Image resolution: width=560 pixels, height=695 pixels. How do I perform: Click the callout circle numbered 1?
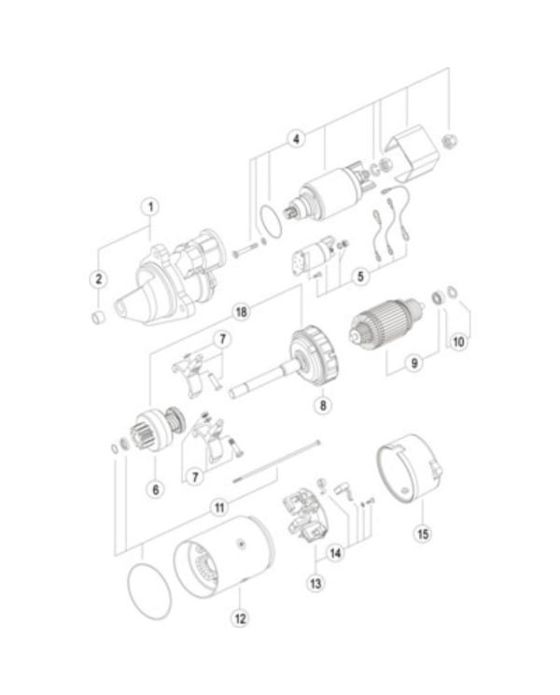pyautogui.click(x=150, y=206)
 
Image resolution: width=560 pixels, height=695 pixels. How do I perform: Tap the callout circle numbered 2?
pyautogui.click(x=97, y=278)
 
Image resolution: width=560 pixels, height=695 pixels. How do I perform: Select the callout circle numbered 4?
pyautogui.click(x=295, y=139)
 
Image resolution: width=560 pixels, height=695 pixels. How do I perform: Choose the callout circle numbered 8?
pyautogui.click(x=322, y=405)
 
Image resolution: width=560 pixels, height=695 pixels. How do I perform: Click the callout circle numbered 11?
pyautogui.click(x=217, y=508)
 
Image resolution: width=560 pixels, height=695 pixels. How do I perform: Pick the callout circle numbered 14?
pyautogui.click(x=335, y=552)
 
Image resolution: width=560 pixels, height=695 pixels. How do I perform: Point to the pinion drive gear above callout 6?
pyautogui.click(x=154, y=435)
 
